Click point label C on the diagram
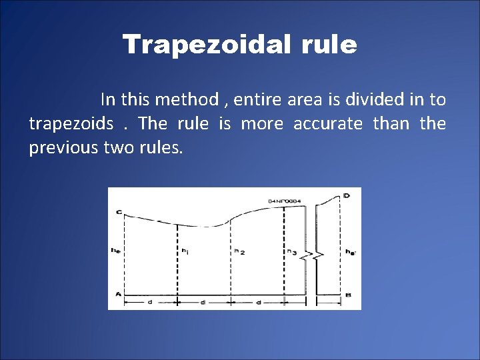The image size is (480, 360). point(118,213)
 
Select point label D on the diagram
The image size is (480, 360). point(347,195)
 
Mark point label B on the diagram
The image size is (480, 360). point(348,295)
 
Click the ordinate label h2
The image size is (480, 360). point(239,251)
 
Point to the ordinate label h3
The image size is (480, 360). point(292,251)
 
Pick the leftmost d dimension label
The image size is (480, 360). point(149,302)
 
